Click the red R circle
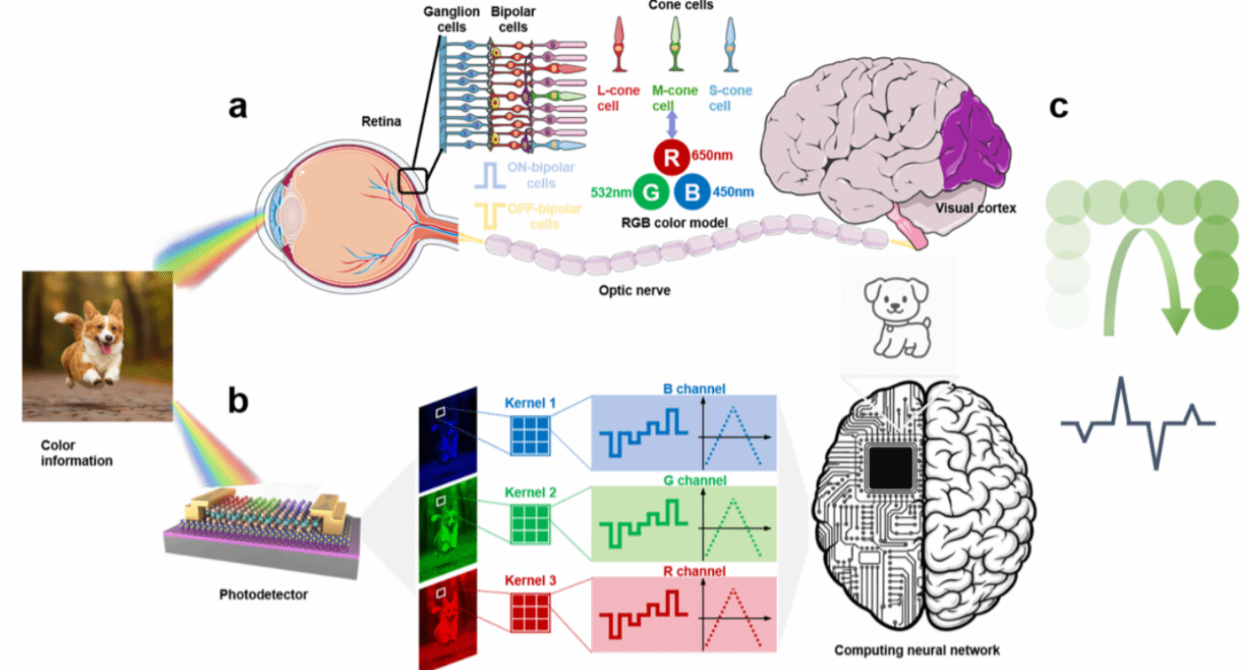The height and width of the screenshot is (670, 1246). pyautogui.click(x=671, y=157)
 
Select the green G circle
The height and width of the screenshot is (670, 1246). pyautogui.click(x=651, y=193)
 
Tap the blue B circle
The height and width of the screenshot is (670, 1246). pyautogui.click(x=692, y=192)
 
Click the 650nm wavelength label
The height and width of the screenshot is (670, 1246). pyautogui.click(x=712, y=155)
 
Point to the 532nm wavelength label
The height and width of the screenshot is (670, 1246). pyautogui.click(x=610, y=193)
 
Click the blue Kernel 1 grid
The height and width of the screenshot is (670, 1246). pyautogui.click(x=530, y=436)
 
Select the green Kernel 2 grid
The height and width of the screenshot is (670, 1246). pyautogui.click(x=530, y=524)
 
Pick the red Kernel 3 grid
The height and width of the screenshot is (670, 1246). pyautogui.click(x=530, y=613)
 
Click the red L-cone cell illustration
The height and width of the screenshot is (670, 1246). pyautogui.click(x=619, y=45)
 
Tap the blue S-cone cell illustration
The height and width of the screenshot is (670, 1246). pyautogui.click(x=731, y=45)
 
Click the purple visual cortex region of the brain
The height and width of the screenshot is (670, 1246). pyautogui.click(x=973, y=141)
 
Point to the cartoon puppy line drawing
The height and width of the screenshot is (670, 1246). pyautogui.click(x=897, y=317)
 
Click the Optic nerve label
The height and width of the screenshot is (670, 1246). pyautogui.click(x=634, y=290)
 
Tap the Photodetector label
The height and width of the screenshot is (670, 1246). pyautogui.click(x=264, y=594)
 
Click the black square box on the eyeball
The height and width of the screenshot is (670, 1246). pyautogui.click(x=413, y=181)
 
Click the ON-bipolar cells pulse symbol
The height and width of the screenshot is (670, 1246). pyautogui.click(x=489, y=175)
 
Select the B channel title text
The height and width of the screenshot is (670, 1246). pyautogui.click(x=695, y=389)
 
